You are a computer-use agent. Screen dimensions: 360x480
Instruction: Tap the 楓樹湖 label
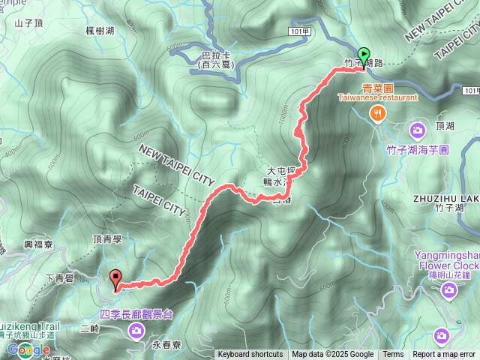coord(100,30)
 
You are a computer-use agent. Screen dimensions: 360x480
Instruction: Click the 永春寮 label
coord(166,346)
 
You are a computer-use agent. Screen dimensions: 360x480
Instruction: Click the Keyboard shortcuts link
coord(250,355)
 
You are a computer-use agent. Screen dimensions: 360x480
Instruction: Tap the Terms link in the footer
coord(393,355)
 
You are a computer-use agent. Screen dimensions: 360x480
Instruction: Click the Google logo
coord(28,350)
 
